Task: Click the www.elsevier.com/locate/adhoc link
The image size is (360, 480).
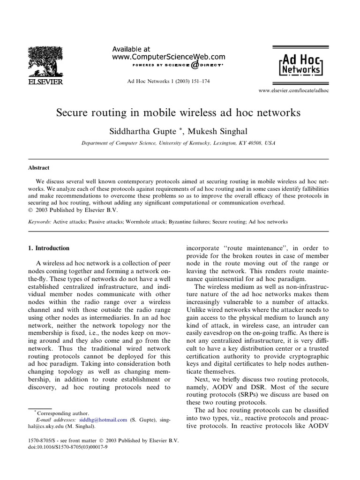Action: click(x=293, y=90)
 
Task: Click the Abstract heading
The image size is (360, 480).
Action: click(x=38, y=168)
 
